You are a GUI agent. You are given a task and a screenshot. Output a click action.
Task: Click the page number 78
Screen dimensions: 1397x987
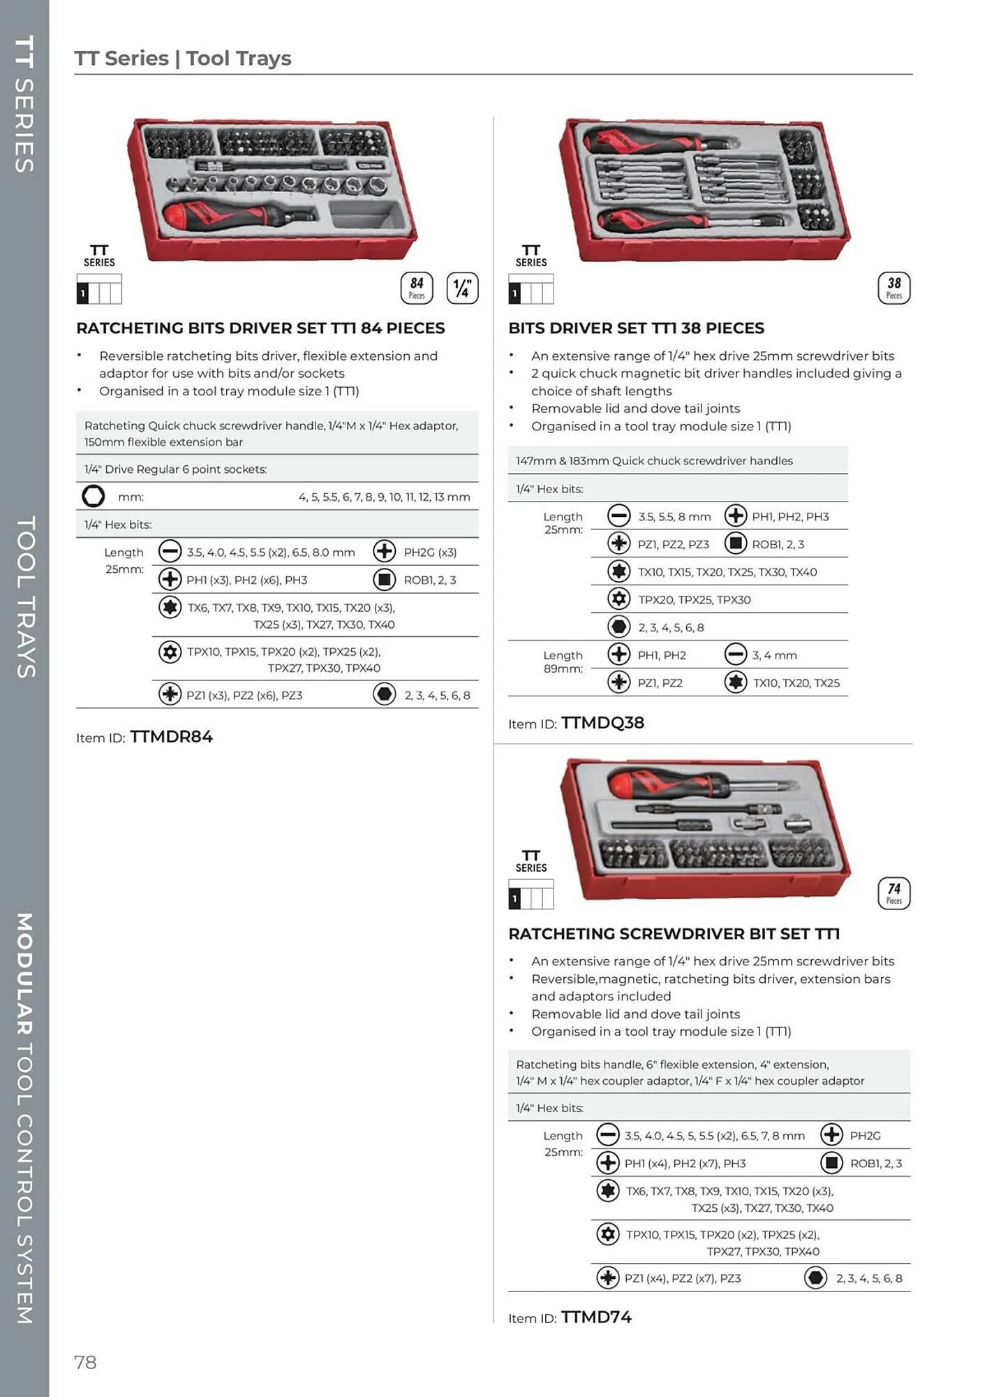(x=85, y=1362)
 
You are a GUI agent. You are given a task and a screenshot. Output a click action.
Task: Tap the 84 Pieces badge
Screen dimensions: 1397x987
(x=417, y=288)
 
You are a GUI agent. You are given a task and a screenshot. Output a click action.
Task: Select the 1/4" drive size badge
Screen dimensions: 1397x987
(x=462, y=288)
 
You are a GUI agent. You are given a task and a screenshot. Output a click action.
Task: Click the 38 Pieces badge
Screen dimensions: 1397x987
(x=893, y=288)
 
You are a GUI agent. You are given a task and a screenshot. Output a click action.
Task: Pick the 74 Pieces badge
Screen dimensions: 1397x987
(x=893, y=893)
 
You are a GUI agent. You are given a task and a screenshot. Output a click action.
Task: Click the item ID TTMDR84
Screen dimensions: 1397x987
(x=171, y=737)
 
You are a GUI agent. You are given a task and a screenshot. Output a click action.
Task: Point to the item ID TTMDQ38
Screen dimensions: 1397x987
(x=602, y=723)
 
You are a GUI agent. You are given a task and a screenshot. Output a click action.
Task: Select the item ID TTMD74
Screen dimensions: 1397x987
(x=596, y=1317)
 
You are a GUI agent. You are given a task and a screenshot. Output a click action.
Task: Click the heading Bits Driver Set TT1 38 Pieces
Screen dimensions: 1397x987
(x=636, y=328)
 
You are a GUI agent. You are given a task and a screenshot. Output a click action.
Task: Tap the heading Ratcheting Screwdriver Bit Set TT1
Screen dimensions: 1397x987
(x=674, y=934)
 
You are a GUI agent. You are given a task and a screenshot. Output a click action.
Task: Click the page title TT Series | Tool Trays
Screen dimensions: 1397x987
(x=183, y=58)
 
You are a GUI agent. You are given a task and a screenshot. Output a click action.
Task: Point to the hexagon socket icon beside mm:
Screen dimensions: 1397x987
(x=94, y=496)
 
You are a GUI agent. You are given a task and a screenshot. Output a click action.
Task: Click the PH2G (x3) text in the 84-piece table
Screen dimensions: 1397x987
(x=430, y=552)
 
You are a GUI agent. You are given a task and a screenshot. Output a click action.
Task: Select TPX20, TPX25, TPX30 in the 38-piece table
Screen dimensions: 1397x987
(x=695, y=599)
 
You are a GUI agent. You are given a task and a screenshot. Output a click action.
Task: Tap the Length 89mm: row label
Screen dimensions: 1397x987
(x=563, y=661)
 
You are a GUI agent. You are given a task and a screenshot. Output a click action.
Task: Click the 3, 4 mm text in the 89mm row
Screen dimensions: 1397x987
(x=774, y=655)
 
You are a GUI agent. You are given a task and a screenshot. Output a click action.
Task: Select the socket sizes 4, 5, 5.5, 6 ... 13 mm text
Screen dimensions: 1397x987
(x=384, y=497)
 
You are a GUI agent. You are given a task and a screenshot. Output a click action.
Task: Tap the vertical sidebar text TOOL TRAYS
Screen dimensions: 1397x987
(x=26, y=597)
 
